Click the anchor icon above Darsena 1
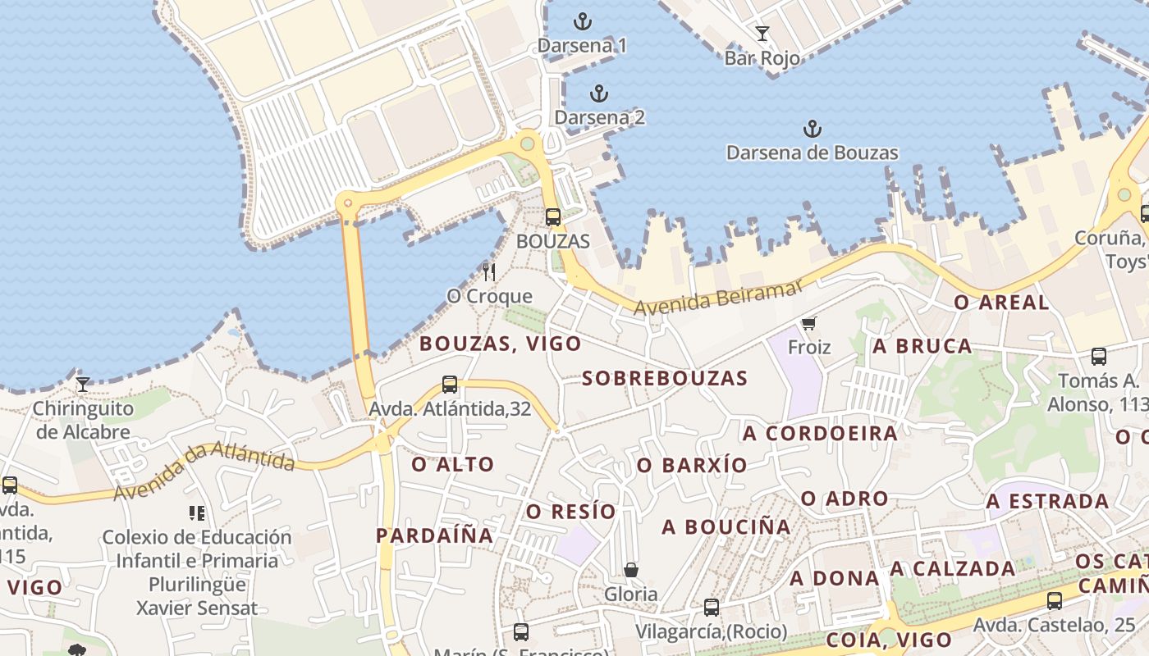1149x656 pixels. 583,21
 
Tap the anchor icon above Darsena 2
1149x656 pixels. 599,93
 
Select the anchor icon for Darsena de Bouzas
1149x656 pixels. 812,129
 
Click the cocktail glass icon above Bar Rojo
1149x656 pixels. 762,34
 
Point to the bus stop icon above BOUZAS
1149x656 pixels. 553,217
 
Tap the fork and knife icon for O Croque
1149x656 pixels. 489,271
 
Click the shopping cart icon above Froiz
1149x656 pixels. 809,324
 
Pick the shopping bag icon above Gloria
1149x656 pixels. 631,569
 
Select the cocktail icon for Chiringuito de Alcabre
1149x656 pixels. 83,384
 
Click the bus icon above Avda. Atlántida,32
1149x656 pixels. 450,384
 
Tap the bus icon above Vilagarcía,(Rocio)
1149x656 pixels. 712,608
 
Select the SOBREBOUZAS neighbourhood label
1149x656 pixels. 665,378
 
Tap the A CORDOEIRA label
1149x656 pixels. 821,433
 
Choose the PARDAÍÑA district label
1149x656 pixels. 435,536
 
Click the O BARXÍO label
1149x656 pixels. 693,466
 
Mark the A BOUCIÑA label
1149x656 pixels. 726,526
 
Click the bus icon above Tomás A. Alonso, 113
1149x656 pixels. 1099,357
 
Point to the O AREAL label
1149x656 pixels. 1001,303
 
